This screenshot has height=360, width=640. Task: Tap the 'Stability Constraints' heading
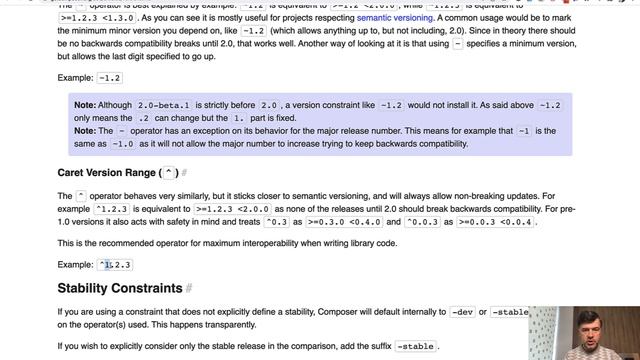coord(120,288)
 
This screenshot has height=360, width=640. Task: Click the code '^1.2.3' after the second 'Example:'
coord(115,265)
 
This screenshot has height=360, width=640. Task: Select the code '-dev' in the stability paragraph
coord(462,312)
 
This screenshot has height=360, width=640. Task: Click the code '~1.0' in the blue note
coord(123,144)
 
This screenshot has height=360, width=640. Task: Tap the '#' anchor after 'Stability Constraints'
coord(189,289)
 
